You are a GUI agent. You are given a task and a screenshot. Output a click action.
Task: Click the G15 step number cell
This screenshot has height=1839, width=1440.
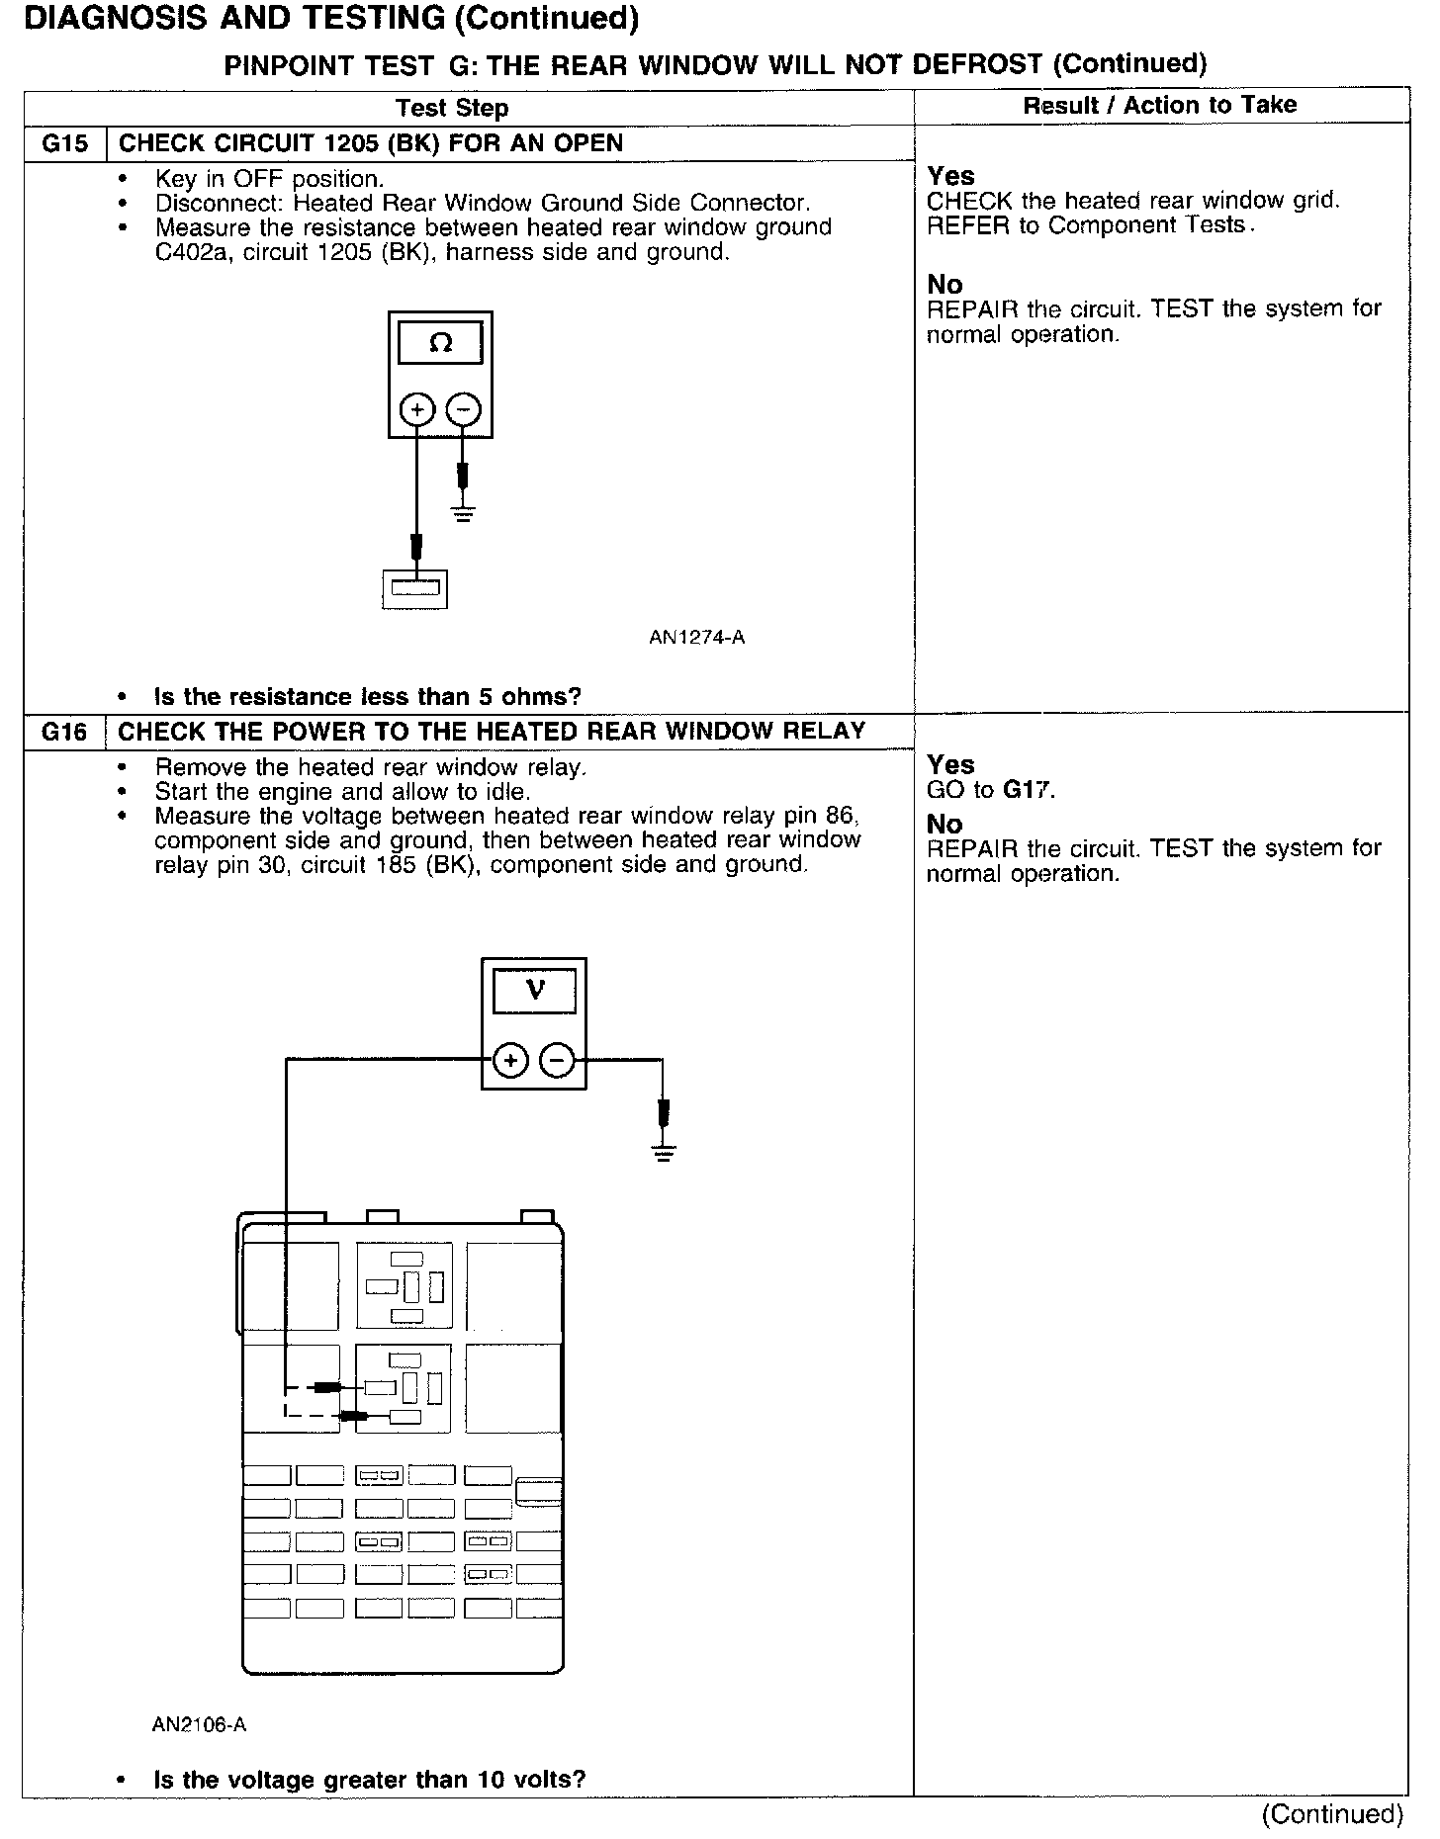tap(64, 144)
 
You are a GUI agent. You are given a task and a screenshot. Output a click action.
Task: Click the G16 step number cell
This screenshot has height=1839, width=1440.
tap(64, 733)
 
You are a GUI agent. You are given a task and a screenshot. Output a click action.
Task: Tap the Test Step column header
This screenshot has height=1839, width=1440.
tap(452, 108)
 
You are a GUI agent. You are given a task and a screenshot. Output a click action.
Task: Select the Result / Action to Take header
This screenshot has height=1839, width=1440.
tap(1159, 105)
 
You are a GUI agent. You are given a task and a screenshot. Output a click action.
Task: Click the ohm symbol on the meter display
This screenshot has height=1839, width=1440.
tap(441, 343)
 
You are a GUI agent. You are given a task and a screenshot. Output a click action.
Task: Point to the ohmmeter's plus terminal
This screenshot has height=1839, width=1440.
tap(417, 409)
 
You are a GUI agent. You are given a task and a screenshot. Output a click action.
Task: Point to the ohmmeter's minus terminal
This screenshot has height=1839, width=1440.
tap(464, 409)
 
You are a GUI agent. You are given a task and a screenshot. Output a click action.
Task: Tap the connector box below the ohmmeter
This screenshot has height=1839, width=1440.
tap(415, 589)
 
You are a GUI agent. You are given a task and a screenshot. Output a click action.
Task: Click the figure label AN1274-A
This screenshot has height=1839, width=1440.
tap(696, 638)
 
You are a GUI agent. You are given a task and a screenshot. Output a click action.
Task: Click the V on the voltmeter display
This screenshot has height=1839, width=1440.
tap(535, 989)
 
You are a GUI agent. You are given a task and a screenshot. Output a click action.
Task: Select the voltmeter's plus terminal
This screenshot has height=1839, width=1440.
tap(510, 1061)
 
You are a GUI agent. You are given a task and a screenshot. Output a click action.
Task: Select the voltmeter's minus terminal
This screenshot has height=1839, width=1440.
tap(558, 1061)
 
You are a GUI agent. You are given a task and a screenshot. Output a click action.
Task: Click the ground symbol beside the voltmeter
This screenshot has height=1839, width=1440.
tap(664, 1151)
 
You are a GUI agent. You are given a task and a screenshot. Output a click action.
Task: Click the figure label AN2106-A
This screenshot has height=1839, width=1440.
tap(199, 1725)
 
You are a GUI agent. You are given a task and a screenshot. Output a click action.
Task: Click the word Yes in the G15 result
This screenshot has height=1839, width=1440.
tap(950, 176)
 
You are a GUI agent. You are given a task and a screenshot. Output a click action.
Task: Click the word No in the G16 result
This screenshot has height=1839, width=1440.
tap(944, 824)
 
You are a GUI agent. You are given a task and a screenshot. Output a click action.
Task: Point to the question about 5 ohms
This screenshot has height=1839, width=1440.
tap(367, 697)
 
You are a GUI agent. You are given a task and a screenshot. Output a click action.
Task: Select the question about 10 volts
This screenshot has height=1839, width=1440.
tap(370, 1780)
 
